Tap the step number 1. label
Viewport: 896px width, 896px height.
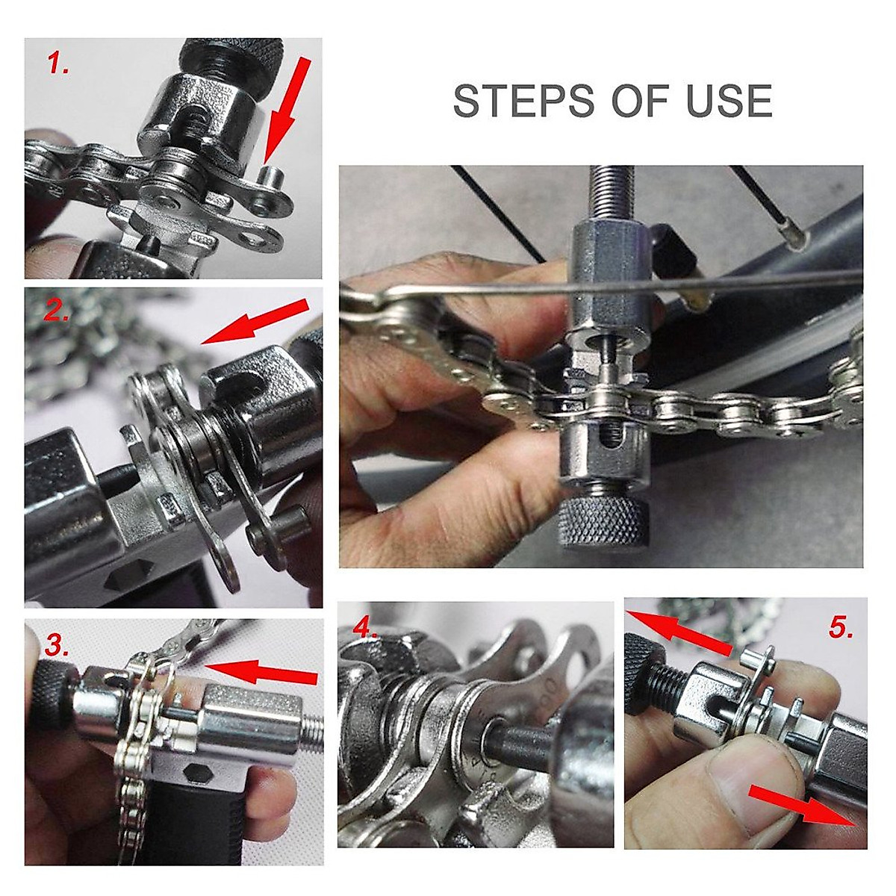tap(58, 65)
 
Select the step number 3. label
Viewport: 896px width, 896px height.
tap(59, 643)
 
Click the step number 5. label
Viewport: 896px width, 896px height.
tap(840, 629)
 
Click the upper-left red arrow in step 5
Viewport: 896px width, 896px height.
tap(679, 632)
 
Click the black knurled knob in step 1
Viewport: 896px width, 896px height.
tap(232, 55)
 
